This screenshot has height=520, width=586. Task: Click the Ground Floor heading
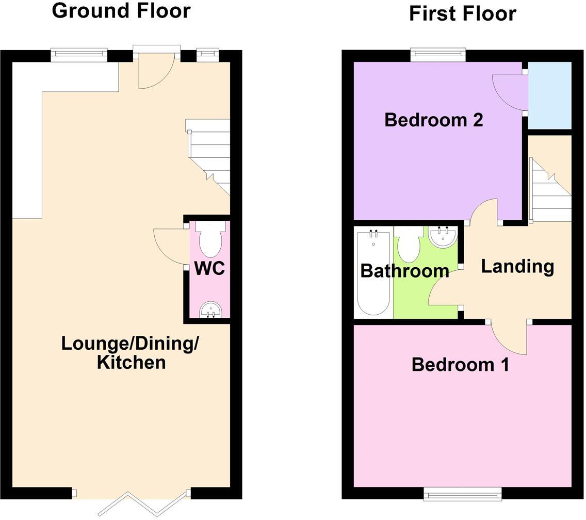(x=121, y=10)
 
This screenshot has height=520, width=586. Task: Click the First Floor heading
(x=462, y=13)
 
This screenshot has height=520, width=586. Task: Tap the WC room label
(x=209, y=268)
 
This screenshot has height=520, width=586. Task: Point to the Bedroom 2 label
(x=434, y=120)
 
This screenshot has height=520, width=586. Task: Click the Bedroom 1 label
(x=460, y=365)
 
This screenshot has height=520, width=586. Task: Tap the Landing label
(x=517, y=266)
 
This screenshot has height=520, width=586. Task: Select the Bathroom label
(x=404, y=271)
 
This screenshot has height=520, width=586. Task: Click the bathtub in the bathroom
(x=373, y=273)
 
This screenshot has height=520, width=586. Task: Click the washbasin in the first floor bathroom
(x=443, y=237)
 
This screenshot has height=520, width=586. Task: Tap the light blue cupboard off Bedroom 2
(x=550, y=95)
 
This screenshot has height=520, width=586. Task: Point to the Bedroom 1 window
(x=462, y=495)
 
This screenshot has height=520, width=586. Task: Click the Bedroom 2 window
(x=438, y=54)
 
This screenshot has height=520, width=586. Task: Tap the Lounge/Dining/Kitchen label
(x=131, y=352)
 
